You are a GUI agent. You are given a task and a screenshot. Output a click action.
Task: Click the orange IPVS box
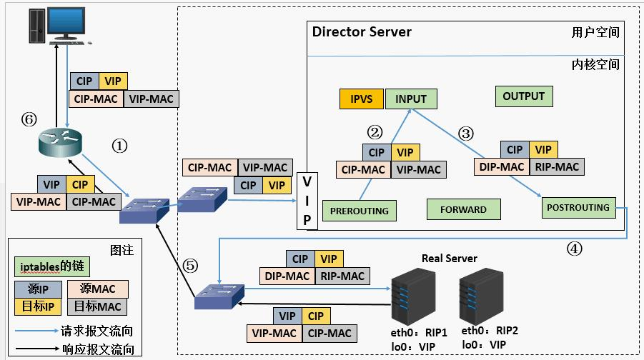(361, 99)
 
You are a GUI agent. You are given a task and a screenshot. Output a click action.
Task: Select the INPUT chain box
(410, 99)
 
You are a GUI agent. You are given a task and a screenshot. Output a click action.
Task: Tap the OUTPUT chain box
(523, 96)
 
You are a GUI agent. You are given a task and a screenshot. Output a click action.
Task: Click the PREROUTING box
(360, 210)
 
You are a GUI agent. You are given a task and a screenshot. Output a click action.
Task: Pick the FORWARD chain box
(463, 209)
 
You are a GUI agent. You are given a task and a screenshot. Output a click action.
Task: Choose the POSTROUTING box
(578, 208)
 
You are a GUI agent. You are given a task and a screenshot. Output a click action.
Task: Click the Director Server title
(362, 32)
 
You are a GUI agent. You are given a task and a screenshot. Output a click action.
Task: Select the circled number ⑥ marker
(29, 120)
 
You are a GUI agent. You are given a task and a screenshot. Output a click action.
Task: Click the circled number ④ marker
(575, 249)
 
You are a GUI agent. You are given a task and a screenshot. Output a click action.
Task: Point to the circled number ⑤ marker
(189, 264)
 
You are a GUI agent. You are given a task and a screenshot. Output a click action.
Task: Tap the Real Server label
(449, 258)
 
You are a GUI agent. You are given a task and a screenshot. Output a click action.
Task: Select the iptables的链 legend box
(51, 266)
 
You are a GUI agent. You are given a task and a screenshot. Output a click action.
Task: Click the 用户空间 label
(595, 33)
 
